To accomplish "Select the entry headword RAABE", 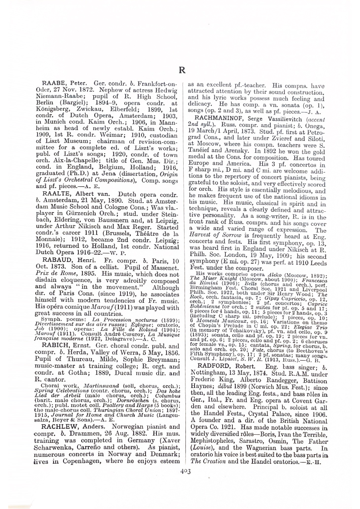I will [54, 85].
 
